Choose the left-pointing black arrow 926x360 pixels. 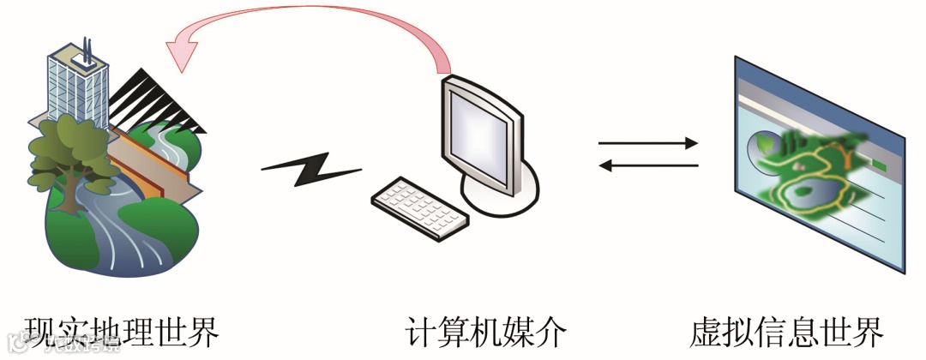click(648, 165)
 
